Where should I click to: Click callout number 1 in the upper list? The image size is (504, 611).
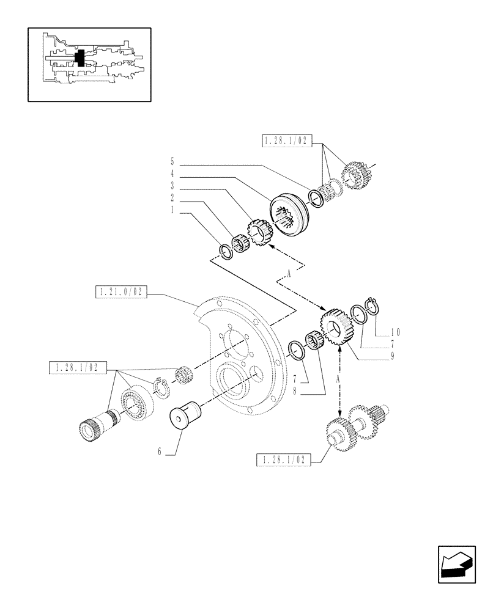tap(173, 210)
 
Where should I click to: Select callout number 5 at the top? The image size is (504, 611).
tap(173, 162)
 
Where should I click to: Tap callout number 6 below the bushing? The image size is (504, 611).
tap(160, 452)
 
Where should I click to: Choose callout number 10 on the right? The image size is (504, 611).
tap(396, 332)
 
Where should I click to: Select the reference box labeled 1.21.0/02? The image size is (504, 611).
tap(120, 293)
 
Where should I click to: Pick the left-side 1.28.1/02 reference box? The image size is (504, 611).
tap(78, 367)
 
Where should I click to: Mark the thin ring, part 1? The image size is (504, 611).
tap(226, 251)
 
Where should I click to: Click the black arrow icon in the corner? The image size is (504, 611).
tap(457, 564)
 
